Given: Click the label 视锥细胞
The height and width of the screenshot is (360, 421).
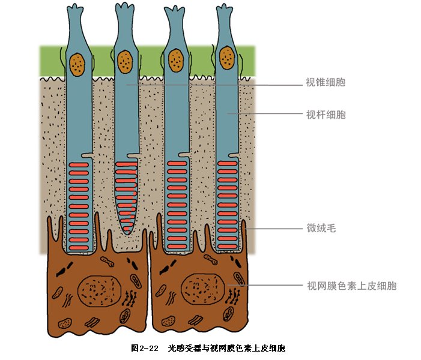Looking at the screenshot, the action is pyautogui.click(x=326, y=82).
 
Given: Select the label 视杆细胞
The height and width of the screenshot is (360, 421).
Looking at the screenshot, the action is pyautogui.click(x=326, y=115).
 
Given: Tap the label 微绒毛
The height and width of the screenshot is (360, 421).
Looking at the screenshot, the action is pyautogui.click(x=321, y=228).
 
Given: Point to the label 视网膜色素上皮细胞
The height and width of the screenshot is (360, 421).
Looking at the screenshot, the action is pyautogui.click(x=352, y=286).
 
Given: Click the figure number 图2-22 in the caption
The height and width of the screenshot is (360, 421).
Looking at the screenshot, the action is pyautogui.click(x=145, y=348).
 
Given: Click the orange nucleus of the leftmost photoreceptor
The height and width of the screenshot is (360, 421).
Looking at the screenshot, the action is pyautogui.click(x=77, y=65).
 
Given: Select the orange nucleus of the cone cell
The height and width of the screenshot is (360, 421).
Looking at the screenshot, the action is pyautogui.click(x=125, y=62).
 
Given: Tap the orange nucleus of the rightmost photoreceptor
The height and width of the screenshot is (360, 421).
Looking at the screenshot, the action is pyautogui.click(x=227, y=58).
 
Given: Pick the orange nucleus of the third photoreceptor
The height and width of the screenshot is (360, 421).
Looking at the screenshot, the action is pyautogui.click(x=176, y=61).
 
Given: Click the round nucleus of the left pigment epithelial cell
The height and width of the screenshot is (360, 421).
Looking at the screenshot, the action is pyautogui.click(x=99, y=291).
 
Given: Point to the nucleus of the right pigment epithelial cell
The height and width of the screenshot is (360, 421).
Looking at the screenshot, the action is pyautogui.click(x=203, y=289).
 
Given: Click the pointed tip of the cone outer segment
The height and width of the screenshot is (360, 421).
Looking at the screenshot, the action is pyautogui.click(x=127, y=234).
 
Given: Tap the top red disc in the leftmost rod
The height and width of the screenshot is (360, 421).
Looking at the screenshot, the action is pyautogui.click(x=79, y=165).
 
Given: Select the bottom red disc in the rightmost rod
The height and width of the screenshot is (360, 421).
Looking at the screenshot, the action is pyautogui.click(x=228, y=246).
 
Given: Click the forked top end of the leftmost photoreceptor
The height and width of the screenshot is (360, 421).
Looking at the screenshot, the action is pyautogui.click(x=75, y=8).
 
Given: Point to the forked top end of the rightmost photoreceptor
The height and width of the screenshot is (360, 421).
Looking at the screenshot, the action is pyautogui.click(x=225, y=8).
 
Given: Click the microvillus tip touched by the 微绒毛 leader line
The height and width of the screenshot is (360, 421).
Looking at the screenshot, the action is pyautogui.click(x=244, y=223).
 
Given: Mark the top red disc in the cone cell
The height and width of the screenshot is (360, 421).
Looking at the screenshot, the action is pyautogui.click(x=126, y=164).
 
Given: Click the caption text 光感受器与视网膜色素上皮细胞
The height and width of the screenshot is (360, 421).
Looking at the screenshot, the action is pyautogui.click(x=226, y=348).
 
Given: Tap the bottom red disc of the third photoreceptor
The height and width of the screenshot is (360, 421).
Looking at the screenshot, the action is pyautogui.click(x=177, y=247).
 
